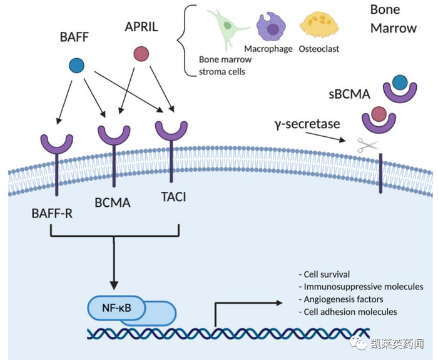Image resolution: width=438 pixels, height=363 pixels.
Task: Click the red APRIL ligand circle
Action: click(142, 54)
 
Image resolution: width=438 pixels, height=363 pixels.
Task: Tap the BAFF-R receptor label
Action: click(52, 214)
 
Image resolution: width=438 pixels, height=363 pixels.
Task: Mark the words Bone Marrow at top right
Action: click(393, 19)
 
